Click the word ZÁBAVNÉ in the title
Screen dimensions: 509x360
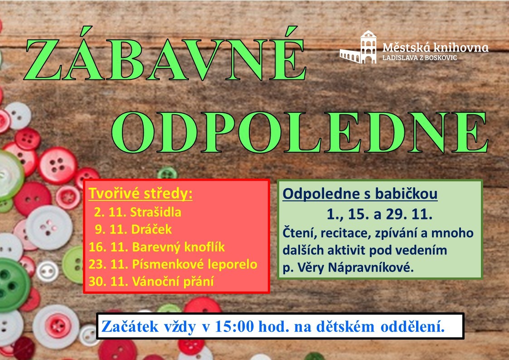[165, 54]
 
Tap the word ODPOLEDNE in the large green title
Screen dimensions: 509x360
[300, 132]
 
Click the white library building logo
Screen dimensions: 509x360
[359, 47]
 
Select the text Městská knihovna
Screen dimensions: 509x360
[435, 48]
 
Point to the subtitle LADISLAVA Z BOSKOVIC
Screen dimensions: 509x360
[419, 58]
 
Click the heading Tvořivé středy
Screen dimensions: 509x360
[141, 194]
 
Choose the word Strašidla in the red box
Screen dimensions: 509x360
[155, 212]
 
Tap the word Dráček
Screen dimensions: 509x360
[151, 229]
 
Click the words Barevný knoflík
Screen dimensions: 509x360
[178, 247]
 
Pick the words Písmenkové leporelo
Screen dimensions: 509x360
[194, 264]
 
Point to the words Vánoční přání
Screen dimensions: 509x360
[173, 281]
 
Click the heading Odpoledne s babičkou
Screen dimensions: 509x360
[360, 194]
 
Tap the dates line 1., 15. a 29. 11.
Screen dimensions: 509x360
[379, 214]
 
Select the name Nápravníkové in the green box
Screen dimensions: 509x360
[371, 268]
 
